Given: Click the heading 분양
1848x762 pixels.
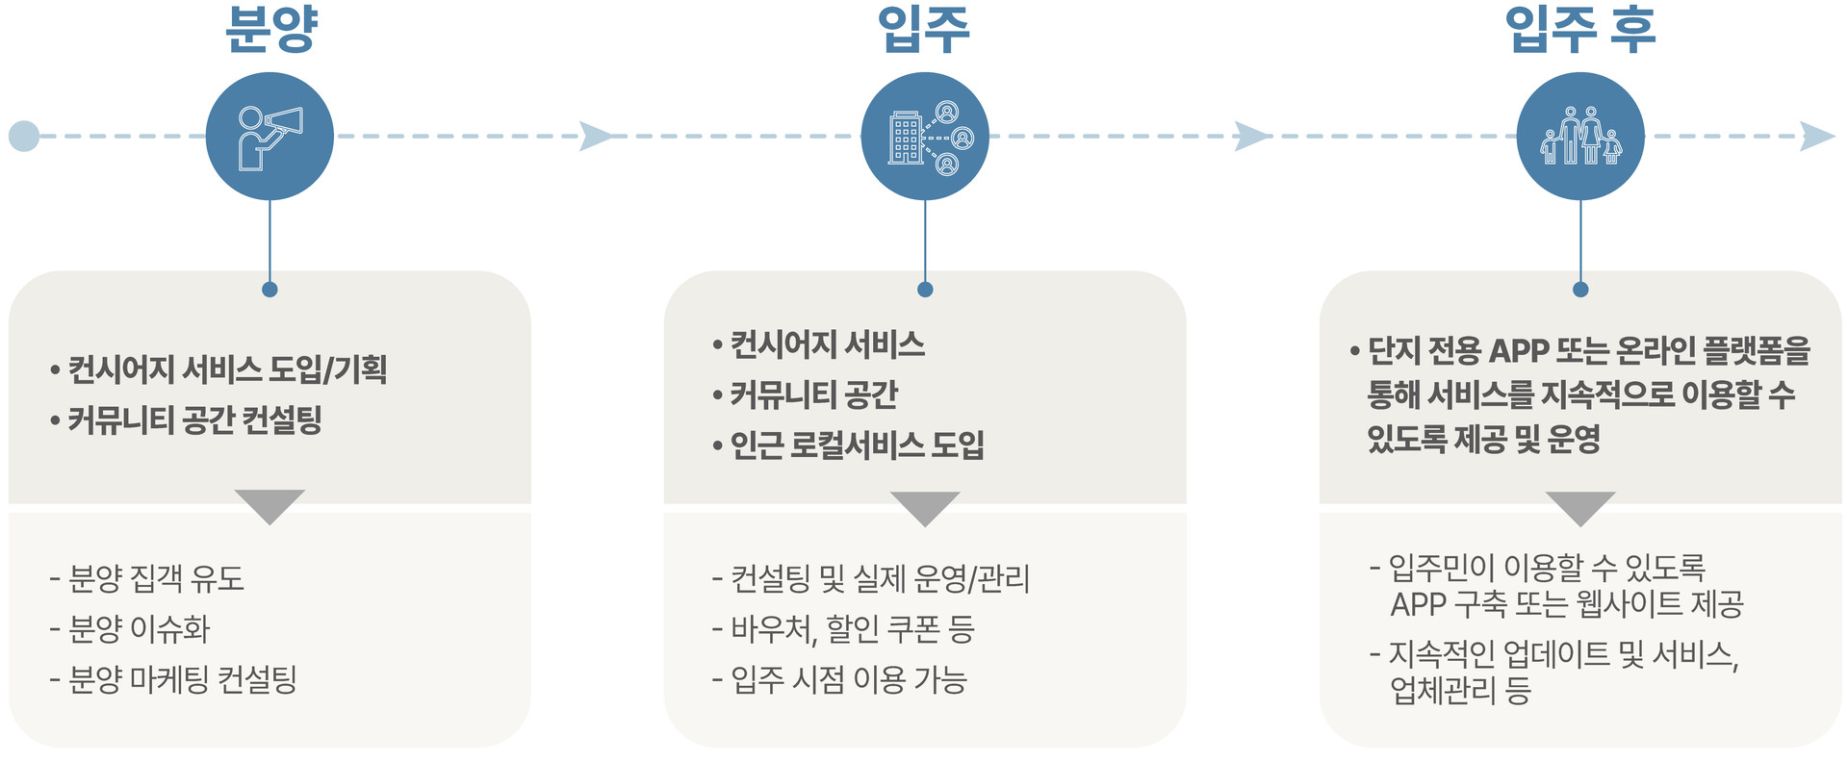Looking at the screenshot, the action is coord(270,29).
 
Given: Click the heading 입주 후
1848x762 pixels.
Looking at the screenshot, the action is coord(1579,29).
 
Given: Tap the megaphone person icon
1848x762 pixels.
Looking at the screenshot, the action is coord(269,137).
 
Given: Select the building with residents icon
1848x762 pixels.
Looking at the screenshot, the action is coord(925,137).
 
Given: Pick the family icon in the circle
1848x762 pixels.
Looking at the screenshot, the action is coord(1580,137).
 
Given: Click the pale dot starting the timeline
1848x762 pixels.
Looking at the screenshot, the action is coord(24,137).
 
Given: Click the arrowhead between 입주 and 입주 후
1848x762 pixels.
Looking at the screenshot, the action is coord(1252,137).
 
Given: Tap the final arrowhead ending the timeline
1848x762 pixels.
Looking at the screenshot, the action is coord(1816,137).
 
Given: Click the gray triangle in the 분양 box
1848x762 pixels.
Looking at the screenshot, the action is coord(269,504).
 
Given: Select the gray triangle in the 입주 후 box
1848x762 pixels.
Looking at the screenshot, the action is coord(1580,506).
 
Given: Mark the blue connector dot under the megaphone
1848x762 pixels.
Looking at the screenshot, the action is coord(269,290).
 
